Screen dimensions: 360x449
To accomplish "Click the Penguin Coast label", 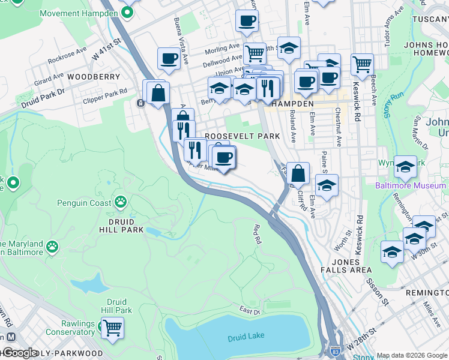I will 85,203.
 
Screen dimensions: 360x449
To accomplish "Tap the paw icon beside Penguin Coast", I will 121,202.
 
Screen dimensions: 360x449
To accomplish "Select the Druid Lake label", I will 244,338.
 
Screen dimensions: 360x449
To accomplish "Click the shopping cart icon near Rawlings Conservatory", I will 112,328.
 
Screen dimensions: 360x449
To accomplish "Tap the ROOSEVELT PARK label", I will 243,136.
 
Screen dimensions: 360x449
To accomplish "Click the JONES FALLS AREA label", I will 353,266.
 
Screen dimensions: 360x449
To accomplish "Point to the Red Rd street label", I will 258,233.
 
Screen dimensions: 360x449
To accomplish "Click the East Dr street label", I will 249,311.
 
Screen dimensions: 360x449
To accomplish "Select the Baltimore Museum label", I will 411,185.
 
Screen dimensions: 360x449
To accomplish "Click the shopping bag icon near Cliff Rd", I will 298,174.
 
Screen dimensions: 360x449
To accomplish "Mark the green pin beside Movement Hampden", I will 127,12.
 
